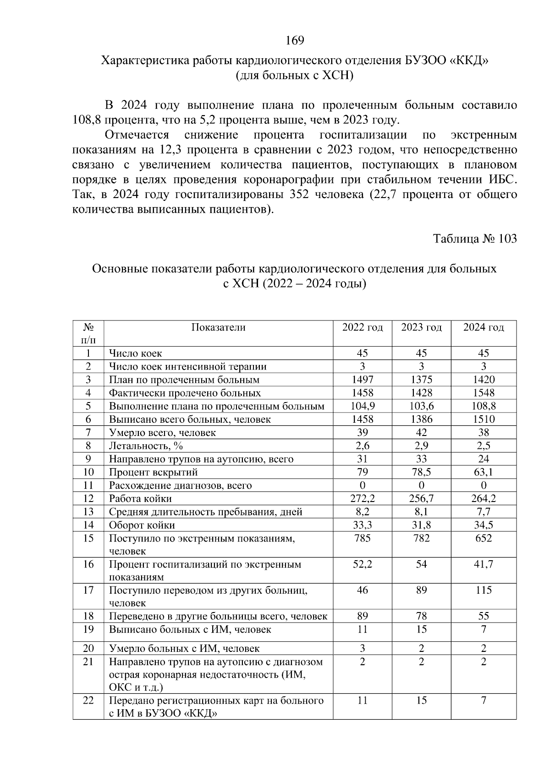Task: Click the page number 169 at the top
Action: pos(295,41)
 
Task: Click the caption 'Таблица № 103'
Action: pos(475,239)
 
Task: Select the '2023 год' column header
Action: pos(421,327)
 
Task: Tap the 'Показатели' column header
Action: pos(218,327)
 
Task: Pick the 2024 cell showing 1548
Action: pos(484,393)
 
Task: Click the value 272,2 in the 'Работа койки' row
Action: pos(362,499)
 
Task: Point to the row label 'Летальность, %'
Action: pos(146,446)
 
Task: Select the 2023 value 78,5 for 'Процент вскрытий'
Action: pos(421,472)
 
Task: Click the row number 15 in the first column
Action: pos(88,538)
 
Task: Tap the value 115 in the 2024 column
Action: pos(484,590)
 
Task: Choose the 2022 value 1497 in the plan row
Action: pos(362,380)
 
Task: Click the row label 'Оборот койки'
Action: pos(142,525)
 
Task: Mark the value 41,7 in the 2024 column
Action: pos(484,564)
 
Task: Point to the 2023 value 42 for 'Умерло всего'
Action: pos(421,433)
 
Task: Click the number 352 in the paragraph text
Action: pos(300,195)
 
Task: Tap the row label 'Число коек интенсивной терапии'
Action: pos(187,367)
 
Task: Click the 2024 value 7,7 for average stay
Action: pos(484,512)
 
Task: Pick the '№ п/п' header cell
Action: pos(88,333)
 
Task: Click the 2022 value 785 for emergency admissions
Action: pos(362,538)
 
